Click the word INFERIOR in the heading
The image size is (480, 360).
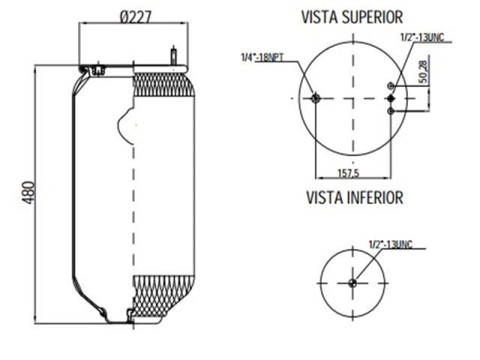(x=376, y=198)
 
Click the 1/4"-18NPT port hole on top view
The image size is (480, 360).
(x=315, y=98)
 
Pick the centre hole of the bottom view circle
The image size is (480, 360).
(x=352, y=283)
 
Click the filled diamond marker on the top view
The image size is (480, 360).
(x=390, y=98)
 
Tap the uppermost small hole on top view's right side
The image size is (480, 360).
(x=390, y=86)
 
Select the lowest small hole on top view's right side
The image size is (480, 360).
(x=390, y=111)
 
